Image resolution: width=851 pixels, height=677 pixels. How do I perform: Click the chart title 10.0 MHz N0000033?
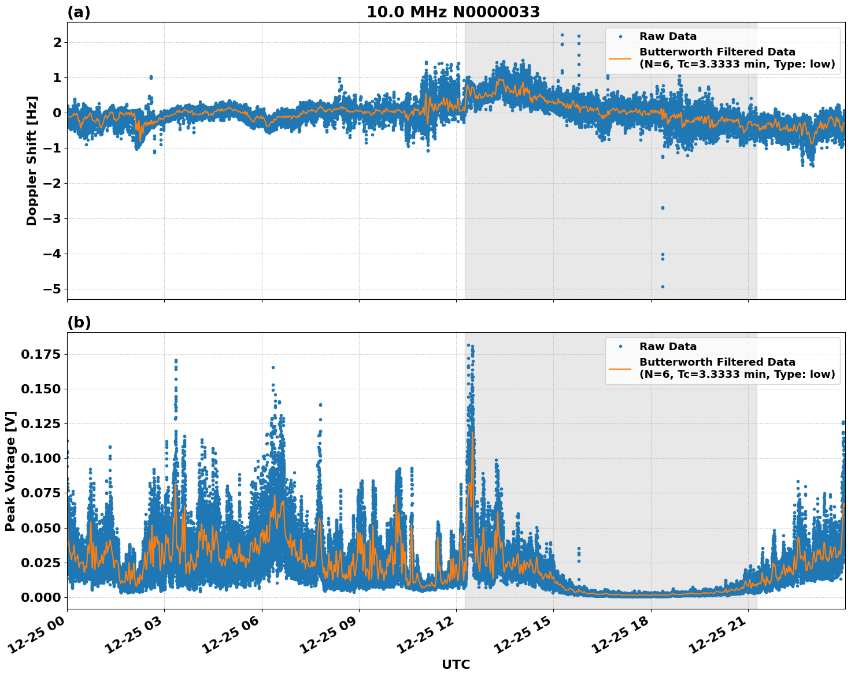[453, 12]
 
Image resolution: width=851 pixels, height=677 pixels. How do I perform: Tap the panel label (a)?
[79, 12]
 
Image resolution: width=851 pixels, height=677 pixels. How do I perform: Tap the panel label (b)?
[79, 322]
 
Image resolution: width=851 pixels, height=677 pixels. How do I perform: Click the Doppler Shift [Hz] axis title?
[32, 161]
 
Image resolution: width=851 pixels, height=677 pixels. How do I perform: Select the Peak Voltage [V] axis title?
[10, 471]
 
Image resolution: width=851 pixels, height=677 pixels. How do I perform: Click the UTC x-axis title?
[456, 664]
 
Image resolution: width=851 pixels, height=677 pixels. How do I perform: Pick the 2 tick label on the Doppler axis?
[57, 43]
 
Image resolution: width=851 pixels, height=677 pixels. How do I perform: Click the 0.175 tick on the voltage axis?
[40, 354]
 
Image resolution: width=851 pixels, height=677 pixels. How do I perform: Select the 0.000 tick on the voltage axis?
[40, 597]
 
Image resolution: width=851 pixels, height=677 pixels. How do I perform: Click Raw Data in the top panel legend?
[668, 36]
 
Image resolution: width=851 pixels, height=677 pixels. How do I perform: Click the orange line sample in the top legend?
[620, 58]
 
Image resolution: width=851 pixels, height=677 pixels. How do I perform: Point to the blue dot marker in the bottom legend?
[620, 347]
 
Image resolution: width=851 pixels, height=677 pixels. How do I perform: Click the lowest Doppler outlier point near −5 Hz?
[663, 287]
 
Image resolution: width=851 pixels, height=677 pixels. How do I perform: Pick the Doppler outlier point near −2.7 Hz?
[663, 208]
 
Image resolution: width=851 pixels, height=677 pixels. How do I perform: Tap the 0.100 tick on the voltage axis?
[40, 458]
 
